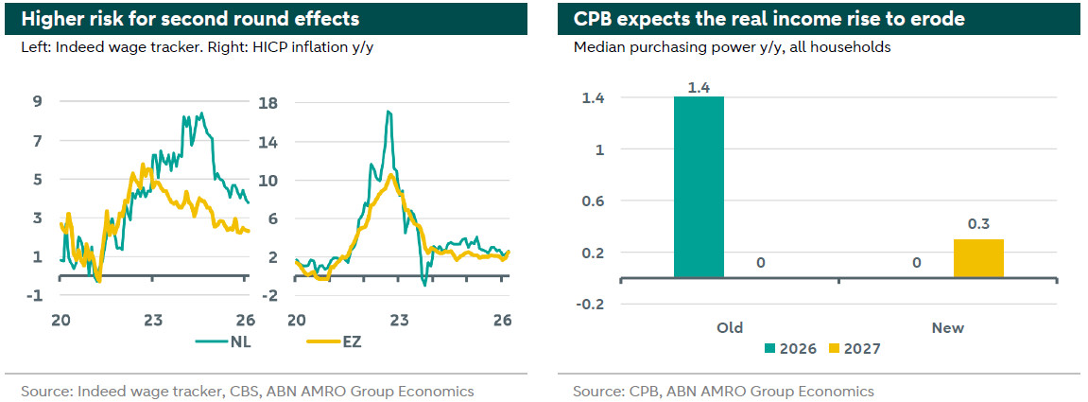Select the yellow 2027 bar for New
pyautogui.click(x=977, y=258)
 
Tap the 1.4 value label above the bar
pyautogui.click(x=699, y=87)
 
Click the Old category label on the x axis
pyautogui.click(x=730, y=327)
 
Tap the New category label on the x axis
pyautogui.click(x=948, y=327)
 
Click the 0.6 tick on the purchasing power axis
pyautogui.click(x=596, y=201)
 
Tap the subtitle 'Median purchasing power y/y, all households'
pyautogui.click(x=732, y=46)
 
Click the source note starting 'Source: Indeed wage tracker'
pyautogui.click(x=248, y=391)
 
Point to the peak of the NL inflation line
pyautogui.click(x=388, y=112)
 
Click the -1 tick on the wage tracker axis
pyautogui.click(x=36, y=295)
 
